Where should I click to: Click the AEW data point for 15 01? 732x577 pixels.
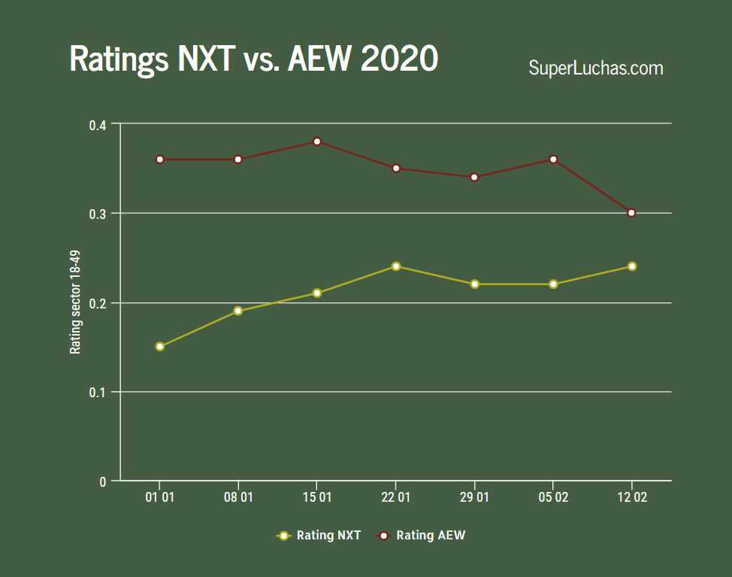click(317, 141)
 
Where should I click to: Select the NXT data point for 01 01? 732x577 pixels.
click(159, 347)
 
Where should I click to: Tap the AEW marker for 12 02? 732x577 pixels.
click(631, 213)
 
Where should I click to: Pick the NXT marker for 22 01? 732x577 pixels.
click(396, 266)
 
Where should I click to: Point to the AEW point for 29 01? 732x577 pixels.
click(474, 178)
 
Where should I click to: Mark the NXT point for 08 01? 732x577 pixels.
click(238, 311)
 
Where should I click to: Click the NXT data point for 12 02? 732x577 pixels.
click(631, 266)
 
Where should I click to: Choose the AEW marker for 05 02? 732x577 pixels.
click(553, 159)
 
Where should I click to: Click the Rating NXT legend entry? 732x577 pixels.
click(319, 536)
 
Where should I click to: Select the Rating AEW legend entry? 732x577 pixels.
click(421, 536)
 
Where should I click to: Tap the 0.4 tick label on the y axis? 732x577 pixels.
click(98, 124)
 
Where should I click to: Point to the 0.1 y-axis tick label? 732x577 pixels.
click(98, 393)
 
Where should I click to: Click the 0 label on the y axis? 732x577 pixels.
click(103, 481)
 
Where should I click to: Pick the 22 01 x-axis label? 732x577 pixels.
click(396, 498)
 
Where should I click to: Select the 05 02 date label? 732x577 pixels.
click(553, 498)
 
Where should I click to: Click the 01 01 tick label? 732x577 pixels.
click(159, 498)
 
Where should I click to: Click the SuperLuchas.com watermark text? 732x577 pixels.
click(596, 68)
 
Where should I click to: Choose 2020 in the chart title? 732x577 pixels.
click(399, 59)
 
